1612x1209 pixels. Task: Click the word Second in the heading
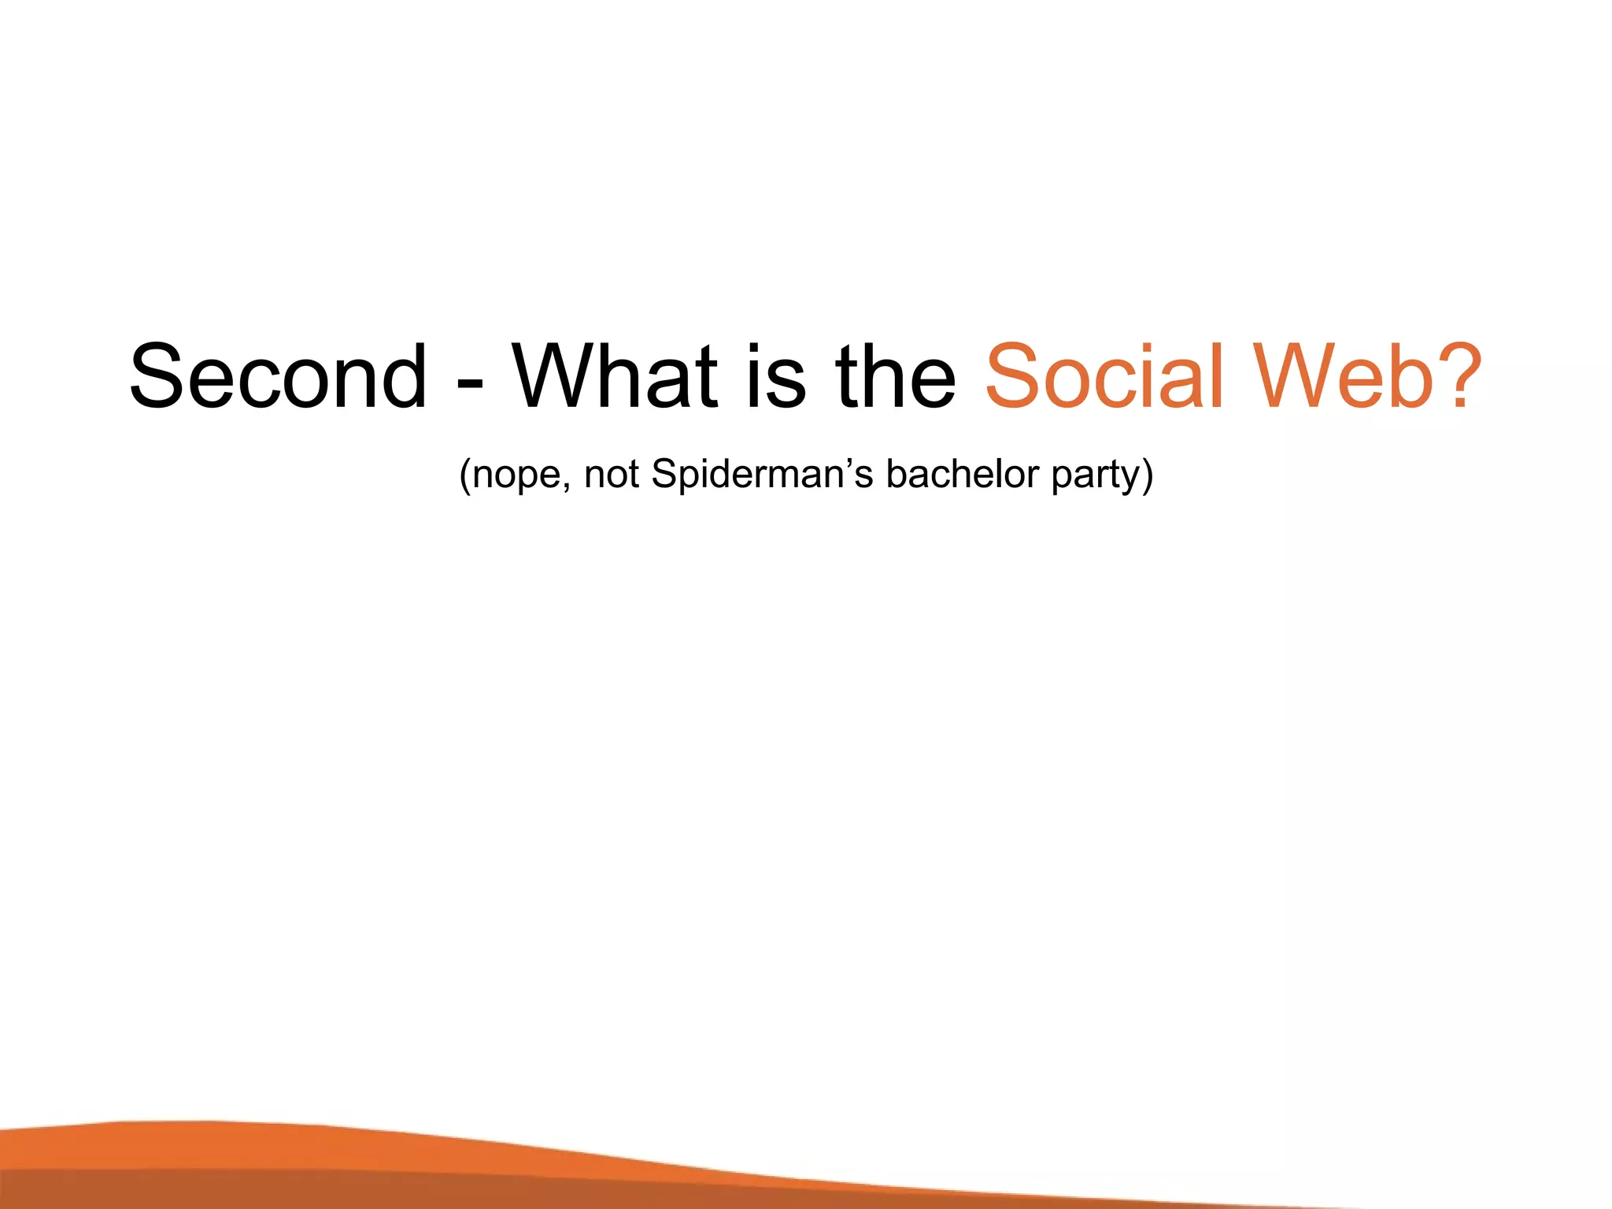tap(278, 377)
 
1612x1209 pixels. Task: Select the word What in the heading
tap(615, 377)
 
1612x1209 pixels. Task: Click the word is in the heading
tap(775, 377)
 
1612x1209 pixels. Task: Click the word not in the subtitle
tap(611, 475)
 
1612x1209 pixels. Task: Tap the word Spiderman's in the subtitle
tap(762, 475)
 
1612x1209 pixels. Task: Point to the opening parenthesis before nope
tap(465, 475)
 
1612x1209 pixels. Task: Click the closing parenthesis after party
tap(1148, 475)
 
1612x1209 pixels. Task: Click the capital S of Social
tap(1011, 377)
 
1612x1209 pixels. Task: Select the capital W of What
tap(560, 377)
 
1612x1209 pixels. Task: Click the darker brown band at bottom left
tap(157, 1190)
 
